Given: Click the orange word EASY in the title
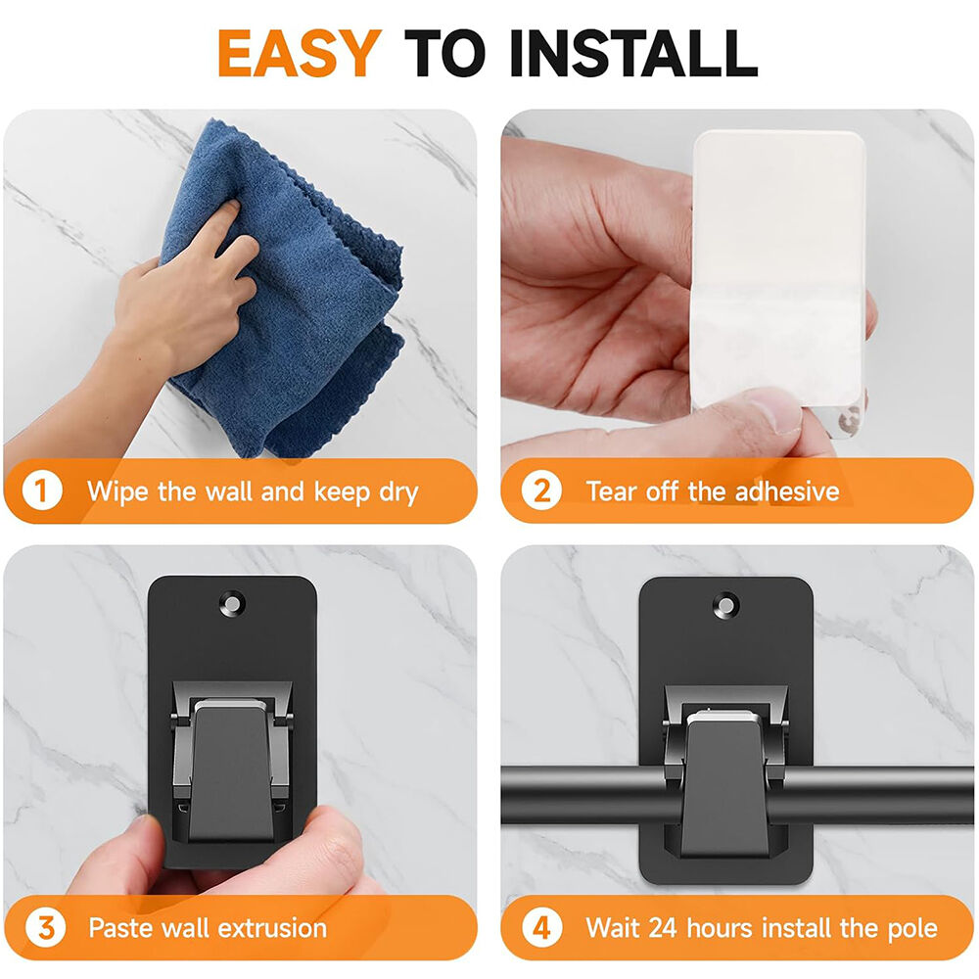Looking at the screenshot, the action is [x=299, y=53].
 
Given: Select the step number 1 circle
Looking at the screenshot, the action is [x=42, y=490].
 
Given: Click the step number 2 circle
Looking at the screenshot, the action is [x=541, y=490].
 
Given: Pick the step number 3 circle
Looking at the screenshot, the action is [x=45, y=928].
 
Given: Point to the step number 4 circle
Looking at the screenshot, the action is [x=541, y=928].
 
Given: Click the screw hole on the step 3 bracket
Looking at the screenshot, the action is [x=232, y=604].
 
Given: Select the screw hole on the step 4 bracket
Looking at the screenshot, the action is [x=725, y=606].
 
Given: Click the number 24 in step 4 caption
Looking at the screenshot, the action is [x=663, y=928].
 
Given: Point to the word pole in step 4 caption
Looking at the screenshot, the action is [x=911, y=929].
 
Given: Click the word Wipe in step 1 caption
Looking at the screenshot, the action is [x=117, y=492].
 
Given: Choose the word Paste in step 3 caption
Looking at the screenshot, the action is [x=120, y=928].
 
